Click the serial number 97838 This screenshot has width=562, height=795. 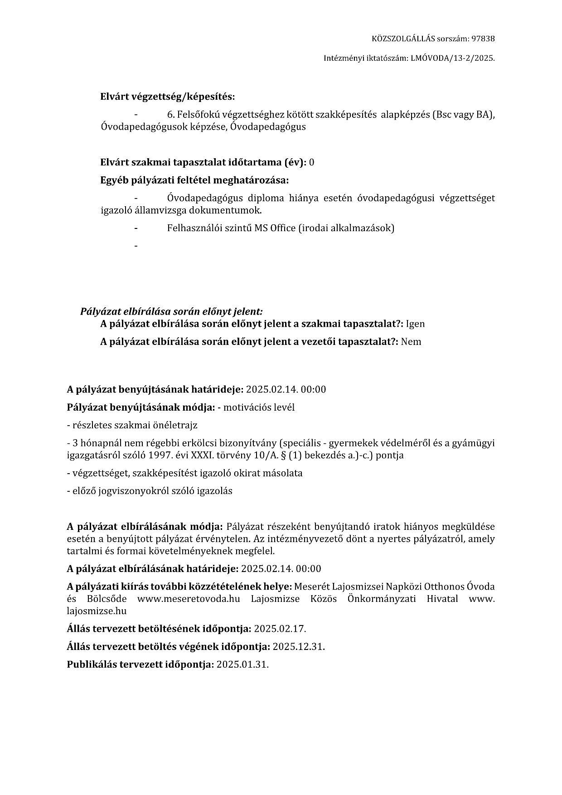(483, 39)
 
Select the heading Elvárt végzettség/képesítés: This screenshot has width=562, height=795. (167, 97)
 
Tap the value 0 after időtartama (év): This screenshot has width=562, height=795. (311, 162)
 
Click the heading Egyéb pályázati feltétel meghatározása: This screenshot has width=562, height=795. (194, 180)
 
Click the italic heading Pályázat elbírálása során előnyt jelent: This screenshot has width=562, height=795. (171, 311)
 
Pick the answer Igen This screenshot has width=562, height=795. (415, 324)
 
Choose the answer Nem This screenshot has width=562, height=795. (411, 342)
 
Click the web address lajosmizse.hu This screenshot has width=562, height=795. (97, 611)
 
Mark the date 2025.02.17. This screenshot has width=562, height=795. (280, 629)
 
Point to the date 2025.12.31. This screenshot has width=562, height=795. (299, 647)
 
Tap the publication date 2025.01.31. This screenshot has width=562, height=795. (242, 665)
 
